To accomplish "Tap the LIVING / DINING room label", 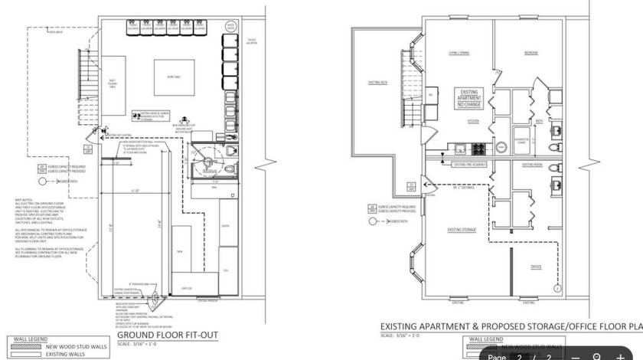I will (x=459, y=53).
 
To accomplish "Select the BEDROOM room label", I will (x=531, y=53).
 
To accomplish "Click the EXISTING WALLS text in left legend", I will (x=64, y=355).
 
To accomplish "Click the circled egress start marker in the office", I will (x=557, y=289).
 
